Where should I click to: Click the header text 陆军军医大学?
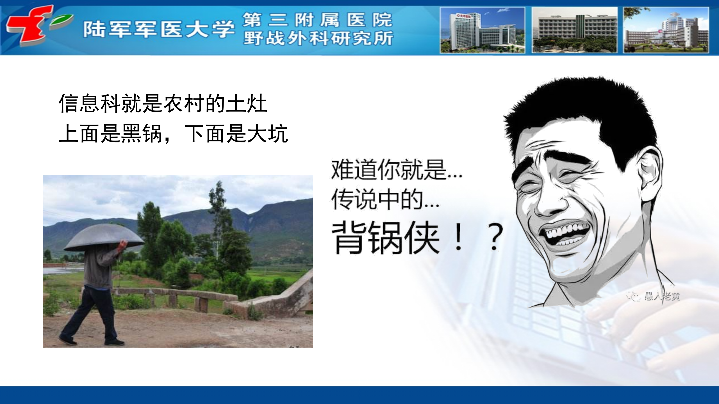coord(159,29)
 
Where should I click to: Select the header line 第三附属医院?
coord(317,20)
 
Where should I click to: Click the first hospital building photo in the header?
coord(482,30)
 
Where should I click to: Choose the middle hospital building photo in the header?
coord(574,30)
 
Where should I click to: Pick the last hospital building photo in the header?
coord(666,30)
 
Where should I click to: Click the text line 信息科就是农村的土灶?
coord(163,103)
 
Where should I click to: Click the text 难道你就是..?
coord(390,169)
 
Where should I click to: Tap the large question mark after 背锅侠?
coord(495,237)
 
